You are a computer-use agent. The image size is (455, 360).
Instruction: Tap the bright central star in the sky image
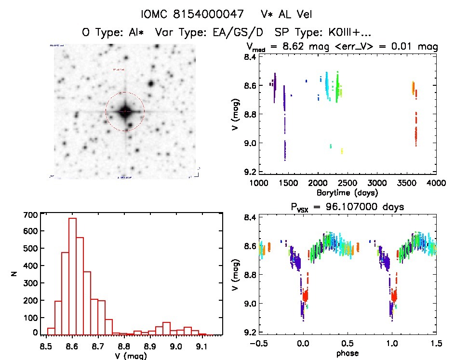pos(125,111)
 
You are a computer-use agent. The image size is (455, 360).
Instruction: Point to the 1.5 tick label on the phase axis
pos(436,343)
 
